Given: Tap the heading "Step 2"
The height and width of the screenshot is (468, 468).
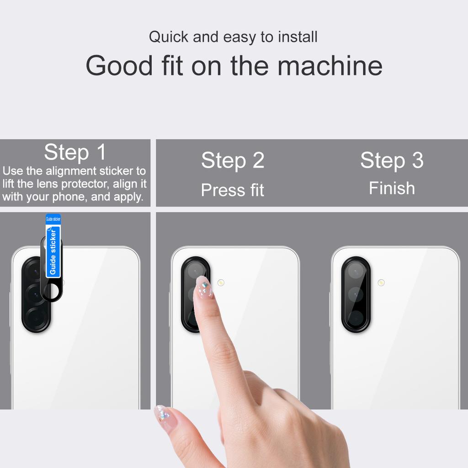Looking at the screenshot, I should [233, 160].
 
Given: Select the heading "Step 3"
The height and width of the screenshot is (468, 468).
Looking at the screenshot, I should [392, 160].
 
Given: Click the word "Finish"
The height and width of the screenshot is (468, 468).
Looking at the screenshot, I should [392, 188].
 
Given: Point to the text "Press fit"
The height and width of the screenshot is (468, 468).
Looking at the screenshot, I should [233, 190].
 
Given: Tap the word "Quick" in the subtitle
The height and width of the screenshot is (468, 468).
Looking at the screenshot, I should [169, 37].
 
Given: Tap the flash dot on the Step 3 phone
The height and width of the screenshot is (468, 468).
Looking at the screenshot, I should [381, 282].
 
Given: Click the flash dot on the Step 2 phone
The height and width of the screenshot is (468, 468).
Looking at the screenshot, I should [221, 282].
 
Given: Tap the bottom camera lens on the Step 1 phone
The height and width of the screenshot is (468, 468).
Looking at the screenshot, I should [36, 316].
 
